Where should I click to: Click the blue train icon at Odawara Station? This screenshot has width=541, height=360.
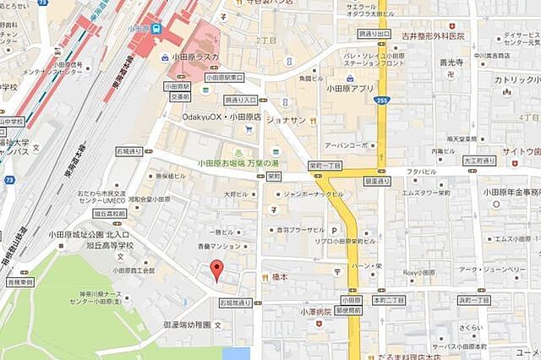click(157, 29)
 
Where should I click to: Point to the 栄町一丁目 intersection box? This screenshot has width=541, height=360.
click(325, 166)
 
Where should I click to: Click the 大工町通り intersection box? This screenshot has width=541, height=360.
click(478, 160)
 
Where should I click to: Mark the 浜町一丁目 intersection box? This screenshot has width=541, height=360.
click(473, 300)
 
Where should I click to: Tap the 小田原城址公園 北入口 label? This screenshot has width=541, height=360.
click(89, 234)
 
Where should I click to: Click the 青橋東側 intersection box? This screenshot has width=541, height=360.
click(20, 283)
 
